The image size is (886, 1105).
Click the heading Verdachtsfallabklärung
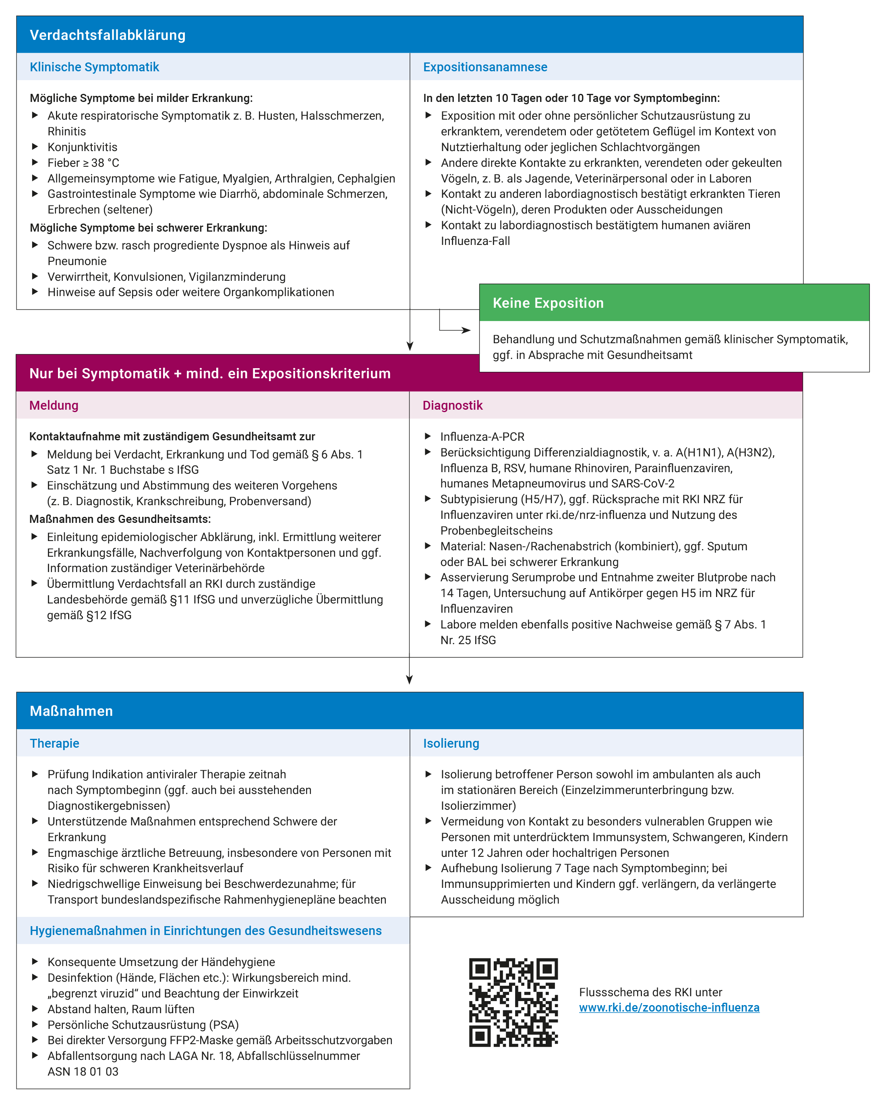coord(108,35)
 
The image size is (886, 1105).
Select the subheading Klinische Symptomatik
coord(94,67)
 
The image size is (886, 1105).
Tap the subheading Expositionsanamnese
coord(485,67)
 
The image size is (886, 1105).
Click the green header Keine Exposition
coord(548,303)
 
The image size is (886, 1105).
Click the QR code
coord(513,1002)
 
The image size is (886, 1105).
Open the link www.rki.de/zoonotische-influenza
coord(669,1007)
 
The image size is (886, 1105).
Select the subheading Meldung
coord(54,405)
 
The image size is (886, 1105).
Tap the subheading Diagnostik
coord(453,405)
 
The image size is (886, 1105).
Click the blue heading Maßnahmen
coord(71,711)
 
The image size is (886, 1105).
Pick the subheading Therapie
coord(54,743)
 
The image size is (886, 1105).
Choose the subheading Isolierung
coord(451,743)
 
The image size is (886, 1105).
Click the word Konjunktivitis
coord(83,147)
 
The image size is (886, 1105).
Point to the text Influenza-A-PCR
coord(482,437)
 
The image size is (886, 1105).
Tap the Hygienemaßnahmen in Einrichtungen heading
coord(205,931)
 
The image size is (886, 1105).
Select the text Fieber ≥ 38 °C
coord(83,163)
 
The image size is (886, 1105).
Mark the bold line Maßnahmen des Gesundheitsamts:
coord(120,519)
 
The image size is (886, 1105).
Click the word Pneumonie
coord(77,261)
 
